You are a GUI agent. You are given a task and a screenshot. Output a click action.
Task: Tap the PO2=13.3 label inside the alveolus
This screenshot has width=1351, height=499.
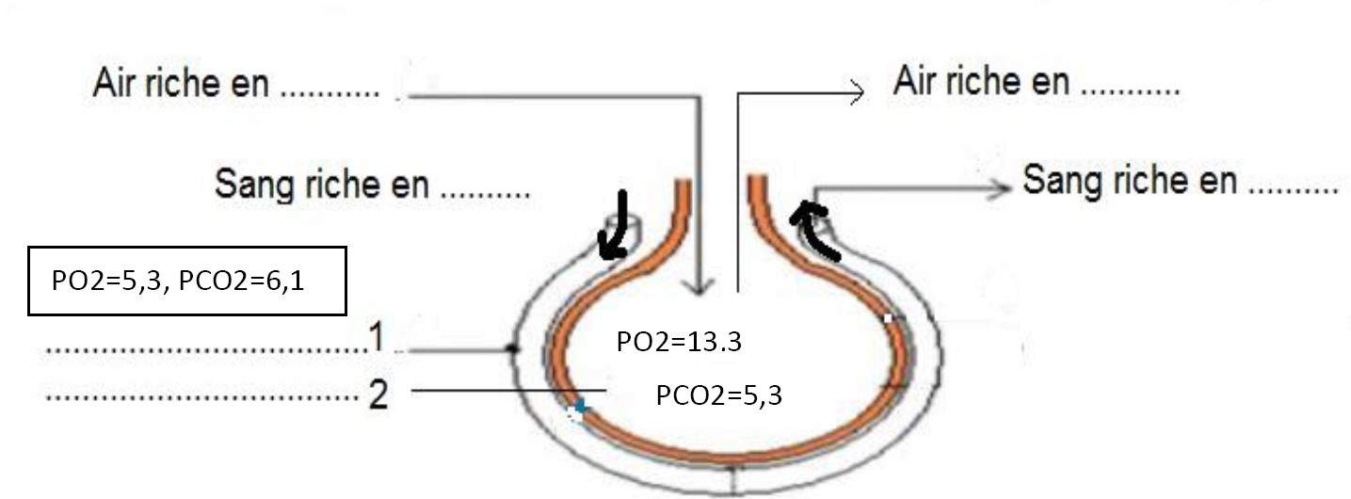(679, 342)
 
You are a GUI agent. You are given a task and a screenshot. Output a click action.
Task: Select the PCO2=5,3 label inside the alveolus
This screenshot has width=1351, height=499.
(718, 394)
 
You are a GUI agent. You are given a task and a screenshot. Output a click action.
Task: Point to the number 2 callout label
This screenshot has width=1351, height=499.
(378, 394)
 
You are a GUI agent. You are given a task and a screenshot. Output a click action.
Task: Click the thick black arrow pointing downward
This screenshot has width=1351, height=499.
(619, 226)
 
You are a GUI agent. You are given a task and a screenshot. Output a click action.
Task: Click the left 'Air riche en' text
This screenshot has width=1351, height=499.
(181, 83)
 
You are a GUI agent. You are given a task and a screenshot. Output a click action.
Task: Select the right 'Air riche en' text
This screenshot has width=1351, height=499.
(981, 83)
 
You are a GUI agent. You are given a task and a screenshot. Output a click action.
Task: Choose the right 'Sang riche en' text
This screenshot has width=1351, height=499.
(1129, 179)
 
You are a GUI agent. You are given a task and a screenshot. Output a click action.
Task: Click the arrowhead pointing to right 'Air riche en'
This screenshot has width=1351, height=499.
(855, 92)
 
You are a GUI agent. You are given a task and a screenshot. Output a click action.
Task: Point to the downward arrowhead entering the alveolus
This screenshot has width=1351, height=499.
(699, 284)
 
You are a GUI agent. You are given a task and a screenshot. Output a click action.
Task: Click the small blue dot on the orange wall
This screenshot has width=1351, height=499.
(580, 407)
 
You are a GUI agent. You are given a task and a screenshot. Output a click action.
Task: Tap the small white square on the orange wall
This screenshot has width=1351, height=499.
(887, 318)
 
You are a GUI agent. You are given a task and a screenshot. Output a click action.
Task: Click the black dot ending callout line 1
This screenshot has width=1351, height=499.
(511, 349)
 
